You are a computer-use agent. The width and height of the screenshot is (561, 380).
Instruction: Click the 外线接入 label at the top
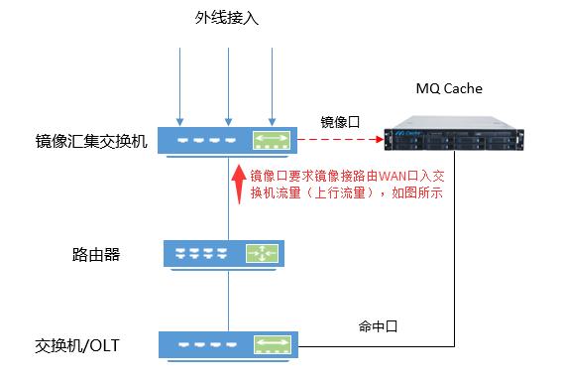[227, 18]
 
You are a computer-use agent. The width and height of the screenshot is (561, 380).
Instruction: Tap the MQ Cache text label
[448, 88]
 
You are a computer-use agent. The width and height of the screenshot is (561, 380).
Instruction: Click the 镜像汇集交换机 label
[90, 141]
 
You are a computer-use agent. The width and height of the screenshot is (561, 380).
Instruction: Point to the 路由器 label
[96, 254]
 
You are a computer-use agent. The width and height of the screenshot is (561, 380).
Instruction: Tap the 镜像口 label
[340, 121]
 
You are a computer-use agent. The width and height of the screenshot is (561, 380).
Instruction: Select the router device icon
[228, 253]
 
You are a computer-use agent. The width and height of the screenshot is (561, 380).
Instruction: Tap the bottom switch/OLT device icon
[228, 345]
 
